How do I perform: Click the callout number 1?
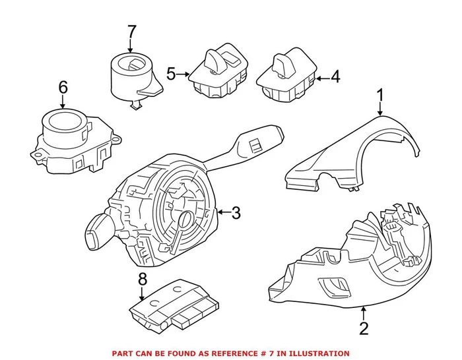[380, 96]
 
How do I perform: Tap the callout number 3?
[236, 212]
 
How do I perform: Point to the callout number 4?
[335, 78]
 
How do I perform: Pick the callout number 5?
[172, 74]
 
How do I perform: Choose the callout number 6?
[63, 86]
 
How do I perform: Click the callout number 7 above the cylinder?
[131, 31]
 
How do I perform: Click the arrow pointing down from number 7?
[131, 46]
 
